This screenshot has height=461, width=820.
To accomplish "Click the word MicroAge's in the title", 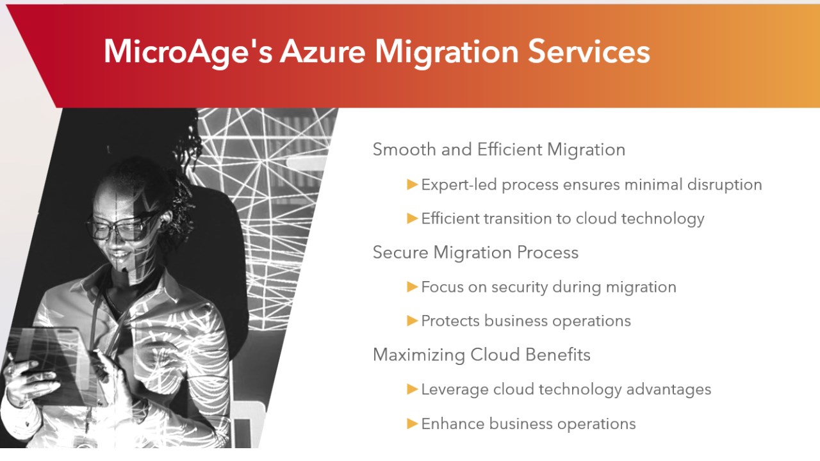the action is coord(188,52).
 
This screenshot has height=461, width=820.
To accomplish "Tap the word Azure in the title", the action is coord(322,51).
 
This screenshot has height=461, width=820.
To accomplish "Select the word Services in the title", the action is coord(589,51).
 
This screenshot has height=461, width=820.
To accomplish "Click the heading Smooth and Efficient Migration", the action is coord(499,149).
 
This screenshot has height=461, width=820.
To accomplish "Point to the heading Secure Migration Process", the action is coord(475,252).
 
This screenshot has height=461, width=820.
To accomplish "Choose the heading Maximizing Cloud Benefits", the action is coord(481,355).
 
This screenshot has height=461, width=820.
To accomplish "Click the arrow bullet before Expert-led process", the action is coord(412,184).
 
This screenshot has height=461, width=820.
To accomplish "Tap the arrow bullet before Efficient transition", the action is coord(412,218).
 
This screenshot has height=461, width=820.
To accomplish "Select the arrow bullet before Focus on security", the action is coord(412,286).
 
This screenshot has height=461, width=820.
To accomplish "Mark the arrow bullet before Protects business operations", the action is coord(412,321).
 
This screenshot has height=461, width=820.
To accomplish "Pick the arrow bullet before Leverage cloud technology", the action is coord(412,389).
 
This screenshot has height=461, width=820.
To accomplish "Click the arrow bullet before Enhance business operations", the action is coord(412,424).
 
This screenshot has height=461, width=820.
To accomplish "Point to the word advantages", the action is coord(669,390).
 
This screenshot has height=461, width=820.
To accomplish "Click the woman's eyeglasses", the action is coord(121,227).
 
